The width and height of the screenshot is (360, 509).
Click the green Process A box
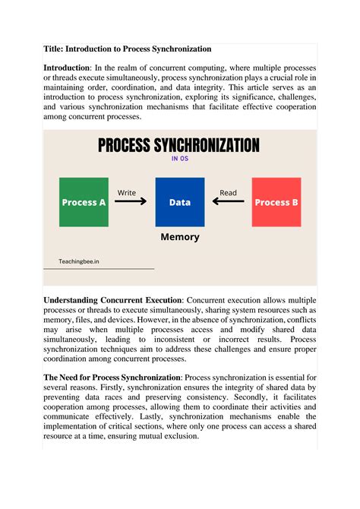pos(84,202)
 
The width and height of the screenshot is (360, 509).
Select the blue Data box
pos(180,202)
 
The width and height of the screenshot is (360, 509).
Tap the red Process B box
pos(276,202)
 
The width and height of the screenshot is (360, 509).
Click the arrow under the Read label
pos(228,203)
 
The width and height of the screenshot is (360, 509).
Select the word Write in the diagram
pos(127,193)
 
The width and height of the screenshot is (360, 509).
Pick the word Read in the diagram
pos(228,193)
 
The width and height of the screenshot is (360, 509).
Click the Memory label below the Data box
pos(180,237)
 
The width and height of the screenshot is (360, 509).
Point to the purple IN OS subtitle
pos(180,160)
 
